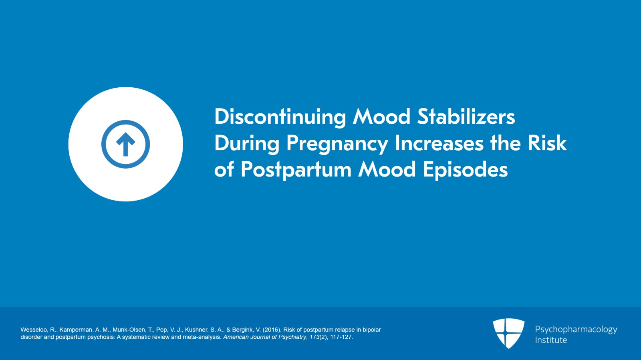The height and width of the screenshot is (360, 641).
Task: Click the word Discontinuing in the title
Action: pos(280,117)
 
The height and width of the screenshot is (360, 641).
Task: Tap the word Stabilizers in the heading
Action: pos(466,117)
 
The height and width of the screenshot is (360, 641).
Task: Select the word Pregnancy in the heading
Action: pos(337,143)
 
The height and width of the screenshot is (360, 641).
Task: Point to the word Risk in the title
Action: pos(547,143)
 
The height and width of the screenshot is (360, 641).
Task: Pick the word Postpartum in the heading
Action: pos(296,170)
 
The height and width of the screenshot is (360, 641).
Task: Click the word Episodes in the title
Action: pos(465,170)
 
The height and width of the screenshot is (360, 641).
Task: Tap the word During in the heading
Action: pos(247,143)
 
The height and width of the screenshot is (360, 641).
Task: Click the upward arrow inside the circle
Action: pos(125,144)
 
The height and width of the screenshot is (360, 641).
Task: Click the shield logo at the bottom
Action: pos(508,333)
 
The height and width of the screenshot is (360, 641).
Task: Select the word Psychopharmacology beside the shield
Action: pos(576,329)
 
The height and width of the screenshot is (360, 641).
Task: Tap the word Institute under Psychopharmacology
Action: pos(550,340)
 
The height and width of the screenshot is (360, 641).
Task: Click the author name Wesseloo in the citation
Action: pos(34,330)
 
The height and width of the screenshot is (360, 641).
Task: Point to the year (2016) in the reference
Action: pos(271,330)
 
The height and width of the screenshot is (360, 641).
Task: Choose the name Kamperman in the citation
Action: pos(76,330)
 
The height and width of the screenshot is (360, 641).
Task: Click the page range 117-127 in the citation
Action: pos(341,337)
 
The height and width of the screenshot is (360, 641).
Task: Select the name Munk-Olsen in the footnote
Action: pos(129,330)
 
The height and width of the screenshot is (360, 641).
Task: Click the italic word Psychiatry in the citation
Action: pos(292,337)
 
